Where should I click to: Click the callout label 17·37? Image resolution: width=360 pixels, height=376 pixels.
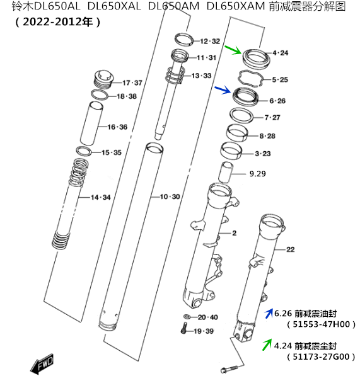click(x=132, y=83)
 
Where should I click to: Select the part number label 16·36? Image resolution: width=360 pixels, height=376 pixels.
click(x=117, y=127)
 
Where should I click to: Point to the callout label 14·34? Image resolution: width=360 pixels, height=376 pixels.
click(x=100, y=198)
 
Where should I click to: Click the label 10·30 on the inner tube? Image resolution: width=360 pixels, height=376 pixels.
click(x=170, y=197)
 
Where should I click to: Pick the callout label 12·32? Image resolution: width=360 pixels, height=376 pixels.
click(x=210, y=41)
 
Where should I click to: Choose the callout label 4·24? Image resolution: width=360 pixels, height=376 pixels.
click(x=280, y=53)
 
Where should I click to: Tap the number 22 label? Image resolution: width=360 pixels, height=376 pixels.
click(x=290, y=249)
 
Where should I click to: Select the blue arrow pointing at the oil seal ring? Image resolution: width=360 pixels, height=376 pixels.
click(x=222, y=91)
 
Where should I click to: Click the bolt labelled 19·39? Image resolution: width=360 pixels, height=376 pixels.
click(x=182, y=328)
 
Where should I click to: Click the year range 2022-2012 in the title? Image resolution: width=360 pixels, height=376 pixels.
click(x=57, y=21)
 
